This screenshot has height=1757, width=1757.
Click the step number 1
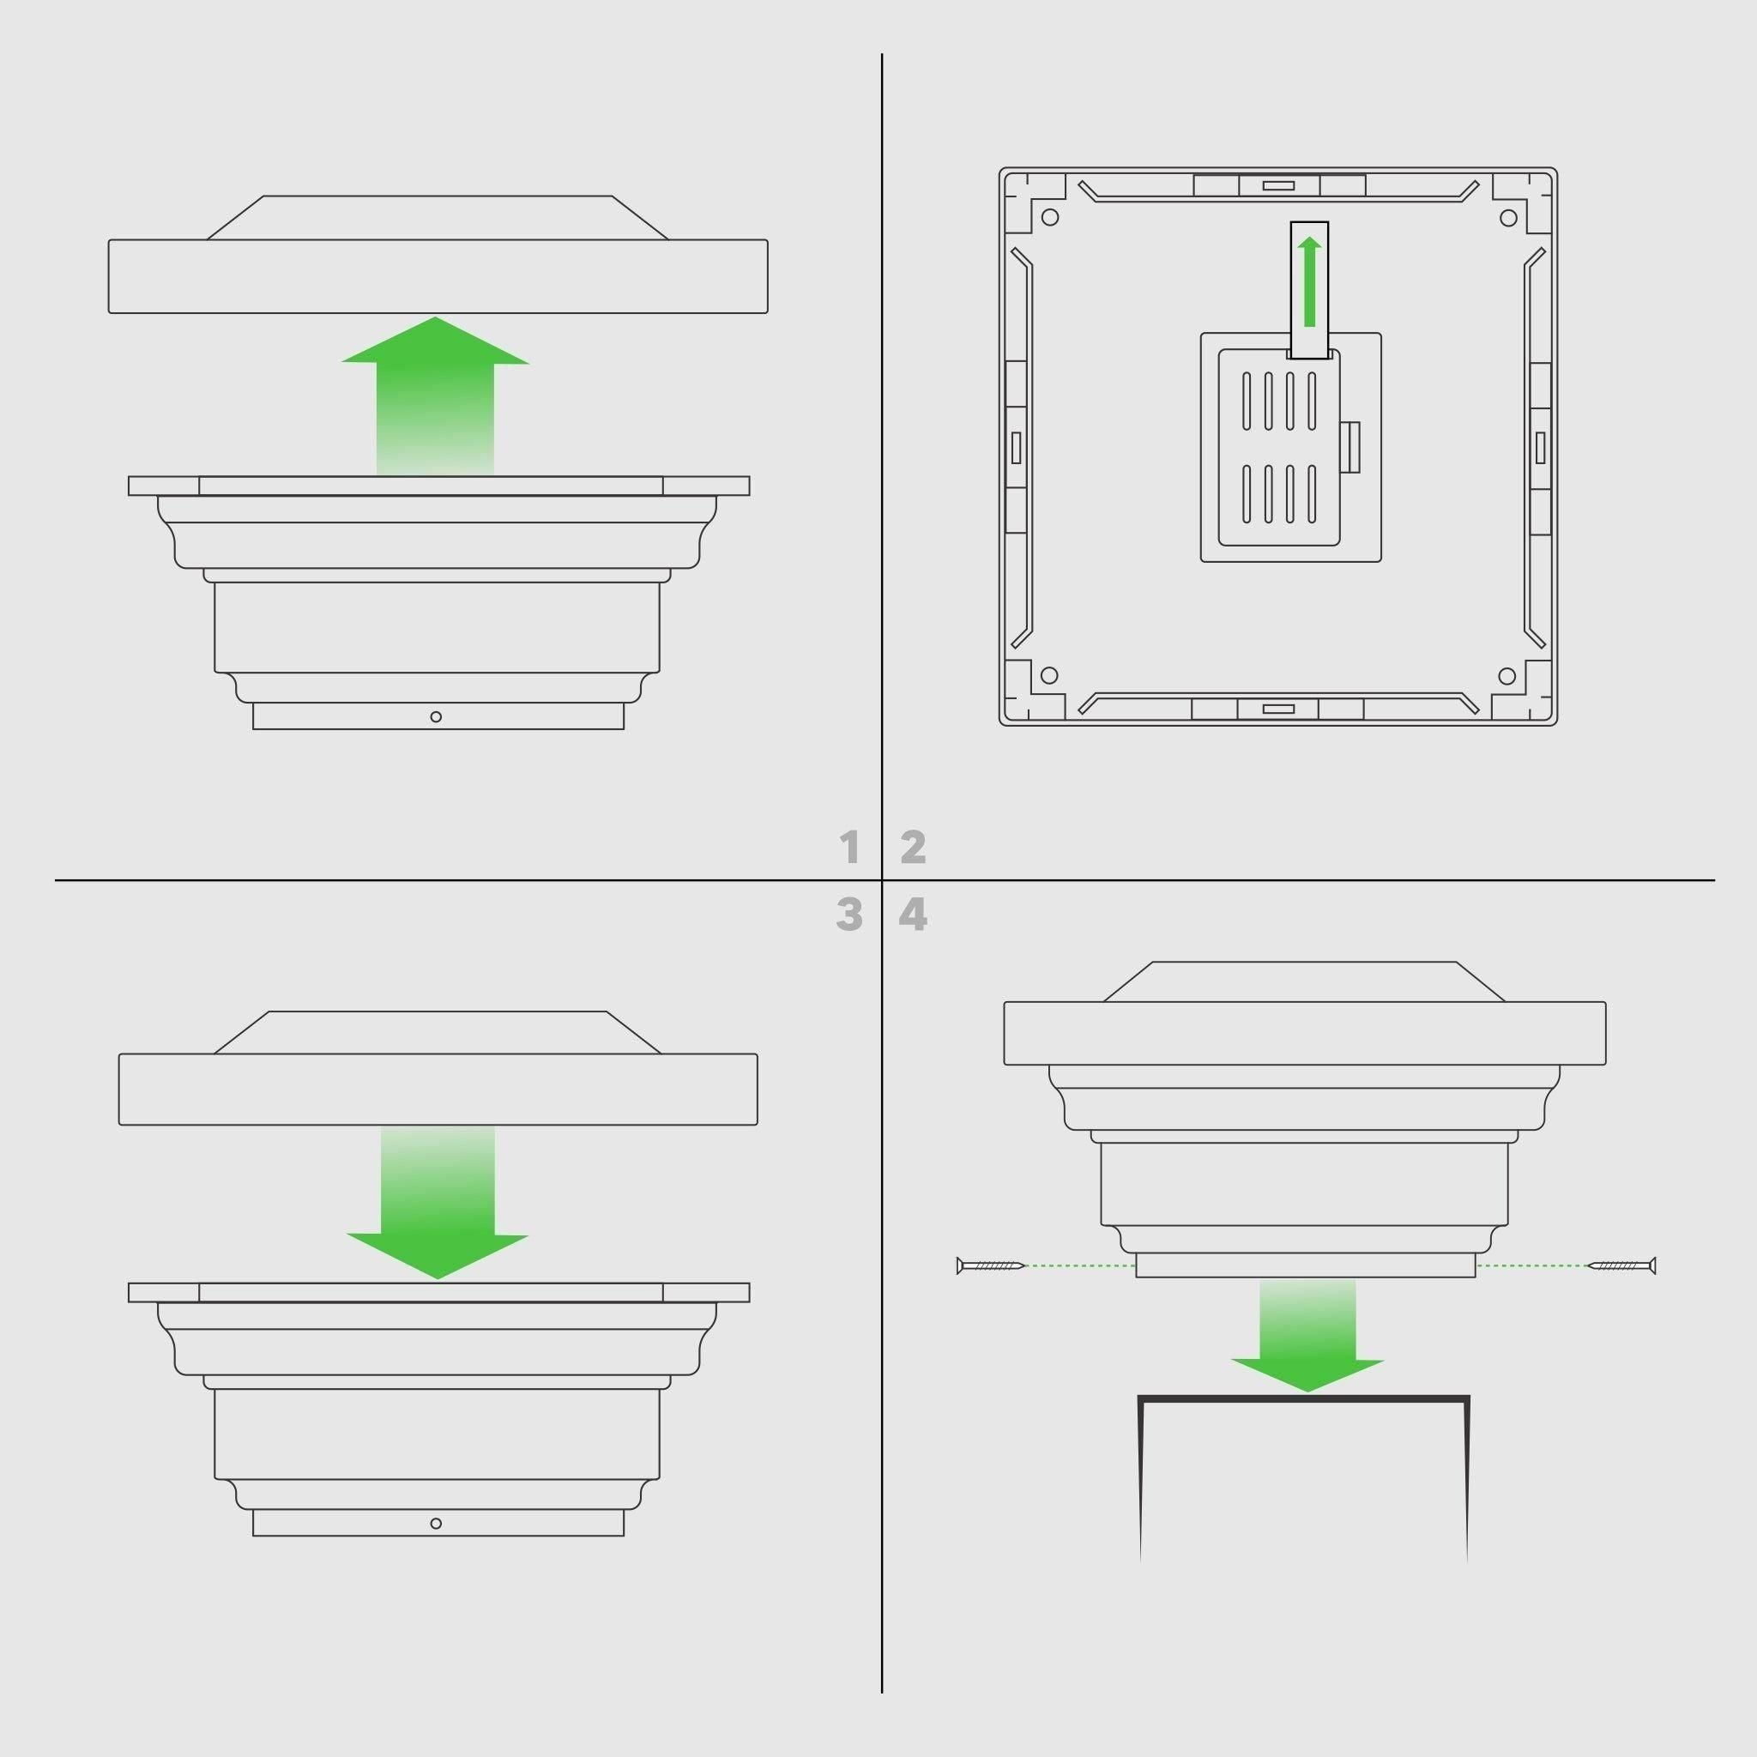click(x=850, y=848)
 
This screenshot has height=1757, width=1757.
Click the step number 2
click(x=913, y=848)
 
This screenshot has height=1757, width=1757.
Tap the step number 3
click(x=849, y=915)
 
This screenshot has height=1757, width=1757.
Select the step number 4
click(x=913, y=915)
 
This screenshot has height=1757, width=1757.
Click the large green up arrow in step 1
click(x=436, y=395)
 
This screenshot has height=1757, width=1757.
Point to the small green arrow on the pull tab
click(x=1309, y=281)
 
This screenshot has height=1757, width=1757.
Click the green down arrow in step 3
click(x=438, y=1202)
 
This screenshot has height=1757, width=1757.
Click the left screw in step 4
click(x=990, y=1265)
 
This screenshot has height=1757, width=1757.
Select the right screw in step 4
click(x=1621, y=1265)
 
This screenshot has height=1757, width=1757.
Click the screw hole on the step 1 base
click(x=436, y=717)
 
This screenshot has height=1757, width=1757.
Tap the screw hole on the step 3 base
click(x=436, y=1525)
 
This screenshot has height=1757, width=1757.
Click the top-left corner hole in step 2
click(x=1049, y=217)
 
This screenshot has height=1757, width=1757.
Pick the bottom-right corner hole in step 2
click(x=1506, y=676)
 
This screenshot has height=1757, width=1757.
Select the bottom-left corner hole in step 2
click(x=1048, y=676)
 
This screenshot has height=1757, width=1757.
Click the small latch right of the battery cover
click(x=1349, y=448)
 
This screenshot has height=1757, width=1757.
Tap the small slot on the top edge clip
click(x=1277, y=185)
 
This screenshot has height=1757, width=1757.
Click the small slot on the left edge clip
click(x=1016, y=448)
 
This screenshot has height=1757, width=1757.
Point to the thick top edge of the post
click(x=1303, y=1397)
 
